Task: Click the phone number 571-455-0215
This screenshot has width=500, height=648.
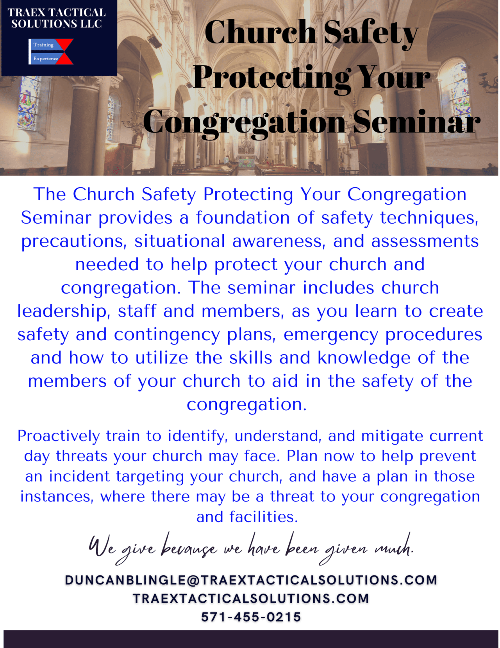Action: click(251, 617)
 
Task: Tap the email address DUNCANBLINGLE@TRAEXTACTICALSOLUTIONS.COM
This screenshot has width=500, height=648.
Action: click(251, 580)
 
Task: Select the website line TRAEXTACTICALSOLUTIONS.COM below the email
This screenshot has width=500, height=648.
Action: click(251, 599)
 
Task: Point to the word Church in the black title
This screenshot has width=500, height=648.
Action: click(260, 32)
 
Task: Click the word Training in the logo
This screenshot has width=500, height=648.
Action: click(43, 45)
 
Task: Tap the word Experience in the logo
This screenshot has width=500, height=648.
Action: click(46, 59)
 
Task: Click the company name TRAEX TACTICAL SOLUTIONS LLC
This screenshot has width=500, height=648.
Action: click(57, 18)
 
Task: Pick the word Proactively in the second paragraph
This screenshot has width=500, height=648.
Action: click(59, 436)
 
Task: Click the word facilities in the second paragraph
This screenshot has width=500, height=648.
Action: click(263, 517)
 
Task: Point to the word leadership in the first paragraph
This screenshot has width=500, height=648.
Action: click(62, 311)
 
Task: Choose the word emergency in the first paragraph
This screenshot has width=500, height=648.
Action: click(330, 335)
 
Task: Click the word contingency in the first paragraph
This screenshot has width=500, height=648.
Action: click(167, 335)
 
